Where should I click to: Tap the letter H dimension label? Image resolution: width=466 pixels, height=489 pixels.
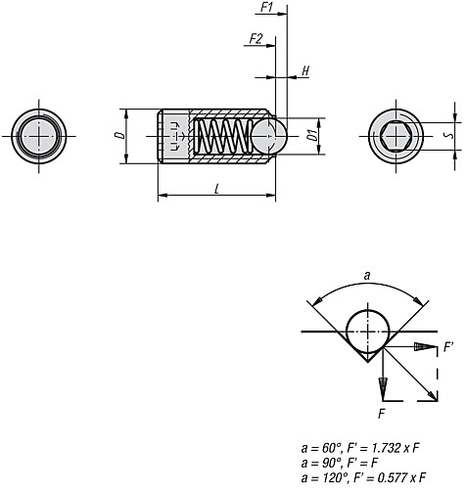[x=305, y=72]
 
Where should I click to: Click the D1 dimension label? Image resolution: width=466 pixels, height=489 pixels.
[x=309, y=134]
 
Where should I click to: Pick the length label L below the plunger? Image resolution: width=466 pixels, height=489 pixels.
[x=215, y=188]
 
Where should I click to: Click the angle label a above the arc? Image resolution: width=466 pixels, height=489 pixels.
[x=366, y=277]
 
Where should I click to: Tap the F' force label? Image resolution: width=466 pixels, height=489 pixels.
[x=448, y=346]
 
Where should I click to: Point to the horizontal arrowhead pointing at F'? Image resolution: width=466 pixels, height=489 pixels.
[x=423, y=347]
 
